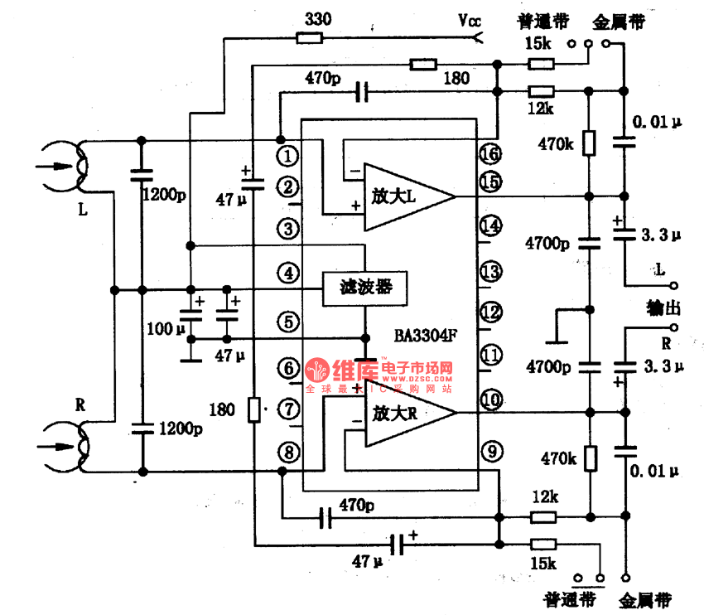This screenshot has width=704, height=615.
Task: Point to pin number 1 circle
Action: coord(287,155)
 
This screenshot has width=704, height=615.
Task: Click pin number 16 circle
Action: coord(490,155)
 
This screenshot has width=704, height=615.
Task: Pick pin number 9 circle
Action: coord(490,452)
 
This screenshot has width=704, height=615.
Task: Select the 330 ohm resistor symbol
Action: coord(311,36)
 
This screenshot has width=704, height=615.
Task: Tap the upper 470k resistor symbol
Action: coord(589,143)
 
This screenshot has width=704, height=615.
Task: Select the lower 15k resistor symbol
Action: coord(542,544)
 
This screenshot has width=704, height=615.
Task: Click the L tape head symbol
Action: coord(66,164)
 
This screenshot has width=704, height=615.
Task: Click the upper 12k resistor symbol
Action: coord(541,91)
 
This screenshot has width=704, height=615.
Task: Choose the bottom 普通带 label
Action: coord(565,599)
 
